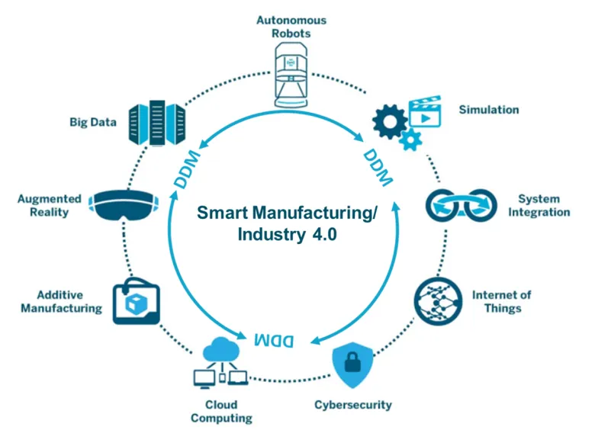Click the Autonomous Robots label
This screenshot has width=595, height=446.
click(291, 27)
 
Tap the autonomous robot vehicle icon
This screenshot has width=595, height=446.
click(291, 75)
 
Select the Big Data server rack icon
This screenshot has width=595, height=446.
click(157, 123)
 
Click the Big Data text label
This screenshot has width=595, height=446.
click(93, 122)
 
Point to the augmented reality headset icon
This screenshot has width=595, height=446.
click(124, 205)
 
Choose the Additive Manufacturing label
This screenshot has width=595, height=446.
click(62, 301)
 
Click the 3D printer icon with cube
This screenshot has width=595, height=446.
click(137, 301)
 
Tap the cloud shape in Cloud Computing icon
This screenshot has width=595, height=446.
click(221, 349)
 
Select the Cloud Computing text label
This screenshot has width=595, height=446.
click(221, 411)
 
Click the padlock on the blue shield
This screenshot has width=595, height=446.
click(352, 362)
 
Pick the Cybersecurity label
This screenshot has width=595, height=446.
click(353, 405)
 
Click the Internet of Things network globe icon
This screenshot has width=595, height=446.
click(438, 301)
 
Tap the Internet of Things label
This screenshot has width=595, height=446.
click(502, 301)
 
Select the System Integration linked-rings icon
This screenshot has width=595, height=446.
click(461, 205)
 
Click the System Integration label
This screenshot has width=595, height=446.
click(539, 205)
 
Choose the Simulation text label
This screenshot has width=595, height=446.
click(489, 110)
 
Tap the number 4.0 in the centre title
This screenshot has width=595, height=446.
click(324, 234)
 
